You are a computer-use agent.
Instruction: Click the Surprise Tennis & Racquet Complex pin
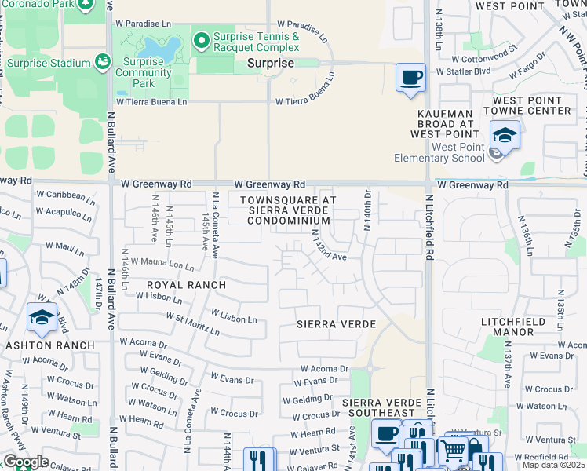click(x=202, y=38)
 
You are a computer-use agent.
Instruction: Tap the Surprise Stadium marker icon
click(x=102, y=60)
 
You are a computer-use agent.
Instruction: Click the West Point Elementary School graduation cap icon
click(x=505, y=136)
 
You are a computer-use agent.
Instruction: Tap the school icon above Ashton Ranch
click(x=42, y=317)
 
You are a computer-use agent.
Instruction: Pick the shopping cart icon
click(x=453, y=450)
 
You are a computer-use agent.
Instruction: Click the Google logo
click(x=26, y=462)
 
